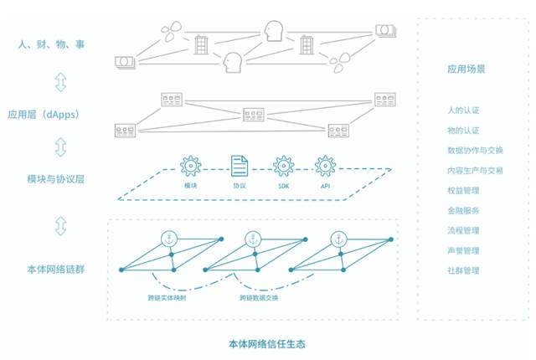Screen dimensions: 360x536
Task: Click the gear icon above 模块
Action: click(x=191, y=164)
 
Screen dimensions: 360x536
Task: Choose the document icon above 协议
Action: click(x=239, y=164)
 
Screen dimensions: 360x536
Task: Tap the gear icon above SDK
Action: click(x=282, y=164)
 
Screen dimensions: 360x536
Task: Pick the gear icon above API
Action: click(x=325, y=164)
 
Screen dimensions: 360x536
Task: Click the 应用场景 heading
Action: click(x=466, y=69)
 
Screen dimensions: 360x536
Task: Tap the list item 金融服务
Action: click(x=463, y=210)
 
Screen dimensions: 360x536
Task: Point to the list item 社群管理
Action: click(x=463, y=270)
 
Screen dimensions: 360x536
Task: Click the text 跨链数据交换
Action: click(x=260, y=298)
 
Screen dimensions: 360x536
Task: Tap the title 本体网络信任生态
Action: click(x=268, y=344)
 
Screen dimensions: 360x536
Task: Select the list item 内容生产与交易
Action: click(x=474, y=170)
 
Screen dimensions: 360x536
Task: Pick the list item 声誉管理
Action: click(x=463, y=250)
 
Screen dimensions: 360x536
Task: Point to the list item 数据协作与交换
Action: click(x=474, y=151)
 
